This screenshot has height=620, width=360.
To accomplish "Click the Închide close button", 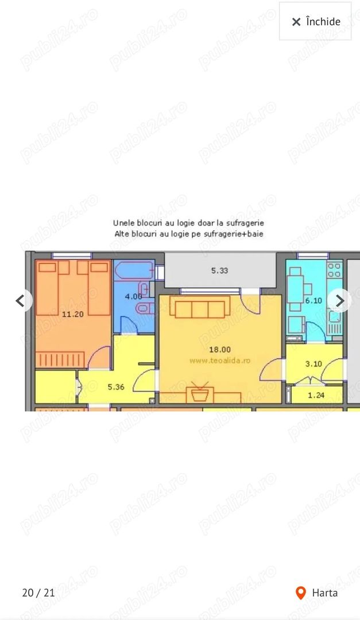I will coord(315,22).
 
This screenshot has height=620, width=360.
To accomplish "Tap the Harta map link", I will coord(324,593).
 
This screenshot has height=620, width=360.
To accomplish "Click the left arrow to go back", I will coord(22,300).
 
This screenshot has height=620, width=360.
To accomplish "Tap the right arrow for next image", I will coord(340,300).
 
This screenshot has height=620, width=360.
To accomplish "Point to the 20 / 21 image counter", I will coord(38,593).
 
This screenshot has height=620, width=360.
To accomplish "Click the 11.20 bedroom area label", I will coord(73,314).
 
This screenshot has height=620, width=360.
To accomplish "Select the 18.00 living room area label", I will coord(219,349).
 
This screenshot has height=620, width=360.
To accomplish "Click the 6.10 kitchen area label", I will coord(313,300).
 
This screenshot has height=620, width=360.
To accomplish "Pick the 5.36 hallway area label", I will coord(116,387).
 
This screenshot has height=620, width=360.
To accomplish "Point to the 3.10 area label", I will coord(313,363).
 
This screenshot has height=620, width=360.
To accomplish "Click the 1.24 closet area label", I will coord(316,395).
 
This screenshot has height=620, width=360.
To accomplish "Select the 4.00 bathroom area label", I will coord(133,296).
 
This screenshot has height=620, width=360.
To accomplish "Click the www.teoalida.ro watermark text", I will coord(220,361).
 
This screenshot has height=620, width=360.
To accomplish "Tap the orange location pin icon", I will coord(300,593).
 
